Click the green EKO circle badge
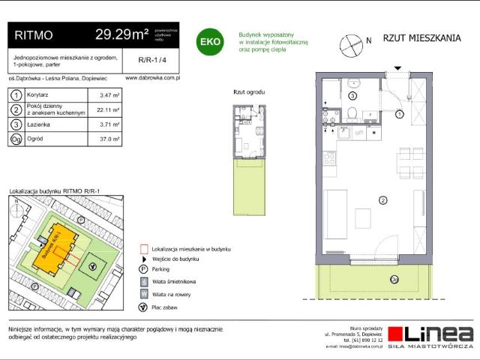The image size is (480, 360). pos(208,42)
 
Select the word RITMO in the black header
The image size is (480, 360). pos(34,34)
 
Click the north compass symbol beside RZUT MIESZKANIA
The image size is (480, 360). pos(349,45)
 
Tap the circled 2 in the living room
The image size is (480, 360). pos(383,200)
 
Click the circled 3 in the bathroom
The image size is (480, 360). pos(352,97)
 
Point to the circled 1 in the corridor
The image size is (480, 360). pos(400,114)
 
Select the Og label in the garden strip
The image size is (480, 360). pos(394,279)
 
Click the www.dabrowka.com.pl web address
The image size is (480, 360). pos(149,77)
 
